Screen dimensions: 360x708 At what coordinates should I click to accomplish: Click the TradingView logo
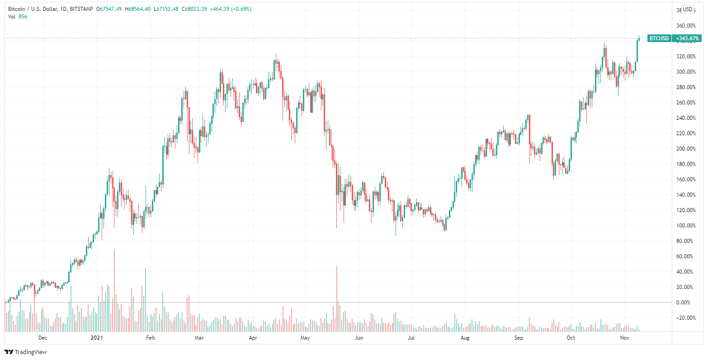pyautogui.click(x=26, y=352)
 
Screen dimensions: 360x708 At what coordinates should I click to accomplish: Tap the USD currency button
pyautogui.click(x=687, y=9)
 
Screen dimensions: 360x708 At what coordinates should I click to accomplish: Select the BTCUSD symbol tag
pyautogui.click(x=659, y=38)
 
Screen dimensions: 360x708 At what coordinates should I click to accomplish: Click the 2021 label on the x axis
pyautogui.click(x=97, y=337)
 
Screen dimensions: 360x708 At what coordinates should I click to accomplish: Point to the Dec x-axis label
pyautogui.click(x=42, y=337)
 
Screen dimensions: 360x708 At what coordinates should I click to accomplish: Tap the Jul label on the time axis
pyautogui.click(x=411, y=337)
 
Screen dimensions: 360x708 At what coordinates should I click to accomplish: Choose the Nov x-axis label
pyautogui.click(x=624, y=337)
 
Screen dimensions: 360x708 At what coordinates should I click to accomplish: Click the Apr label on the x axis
pyautogui.click(x=253, y=337)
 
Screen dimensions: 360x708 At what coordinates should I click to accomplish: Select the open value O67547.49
pyautogui.click(x=109, y=9)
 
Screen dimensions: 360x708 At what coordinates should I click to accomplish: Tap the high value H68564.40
pyautogui.click(x=137, y=9)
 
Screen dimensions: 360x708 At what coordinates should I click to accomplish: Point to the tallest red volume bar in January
pyautogui.click(x=114, y=289)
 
